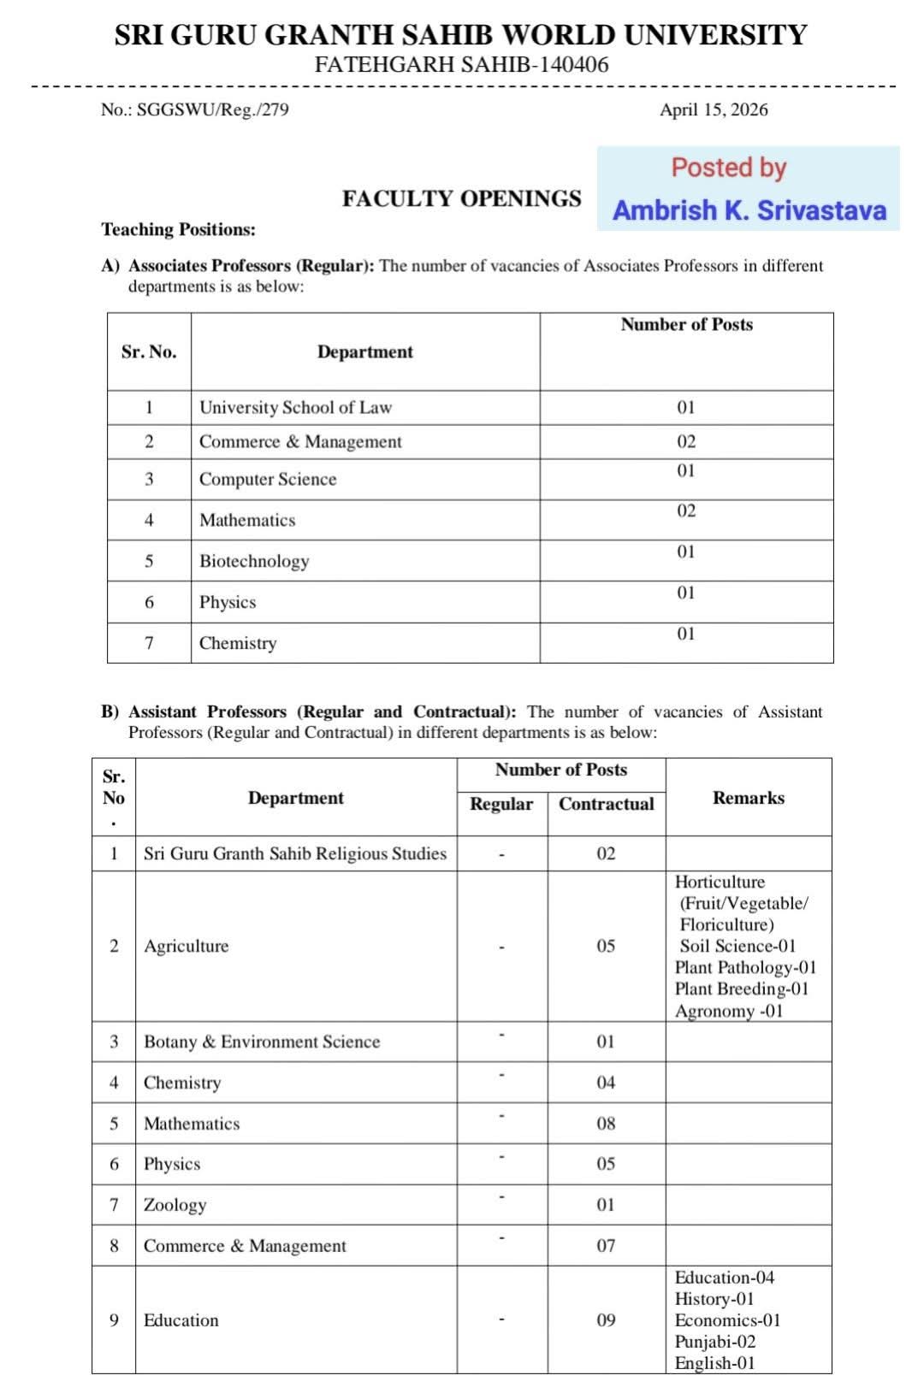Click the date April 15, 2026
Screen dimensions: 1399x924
(x=714, y=109)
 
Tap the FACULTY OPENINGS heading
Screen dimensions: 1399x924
(x=461, y=198)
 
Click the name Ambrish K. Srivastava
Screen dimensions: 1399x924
(x=749, y=210)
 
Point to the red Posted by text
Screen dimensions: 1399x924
(x=728, y=167)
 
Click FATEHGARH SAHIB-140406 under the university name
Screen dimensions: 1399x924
(x=461, y=65)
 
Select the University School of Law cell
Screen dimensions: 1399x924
(x=295, y=408)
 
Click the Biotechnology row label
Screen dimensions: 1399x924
(x=254, y=561)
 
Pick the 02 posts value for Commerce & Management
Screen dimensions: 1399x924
(x=686, y=442)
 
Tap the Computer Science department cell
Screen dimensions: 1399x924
(x=268, y=480)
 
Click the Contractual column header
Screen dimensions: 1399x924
(x=606, y=804)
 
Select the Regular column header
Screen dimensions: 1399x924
(x=501, y=804)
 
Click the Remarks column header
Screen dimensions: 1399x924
(x=748, y=798)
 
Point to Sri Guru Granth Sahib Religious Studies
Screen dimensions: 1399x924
(x=295, y=853)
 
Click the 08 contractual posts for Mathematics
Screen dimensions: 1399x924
(x=606, y=1124)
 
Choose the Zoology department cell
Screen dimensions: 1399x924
(x=175, y=1205)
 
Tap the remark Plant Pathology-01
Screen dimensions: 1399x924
(x=745, y=967)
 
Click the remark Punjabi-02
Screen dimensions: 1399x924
(x=715, y=1342)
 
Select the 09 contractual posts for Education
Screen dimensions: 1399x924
(x=606, y=1320)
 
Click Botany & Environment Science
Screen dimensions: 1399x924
(x=262, y=1042)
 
